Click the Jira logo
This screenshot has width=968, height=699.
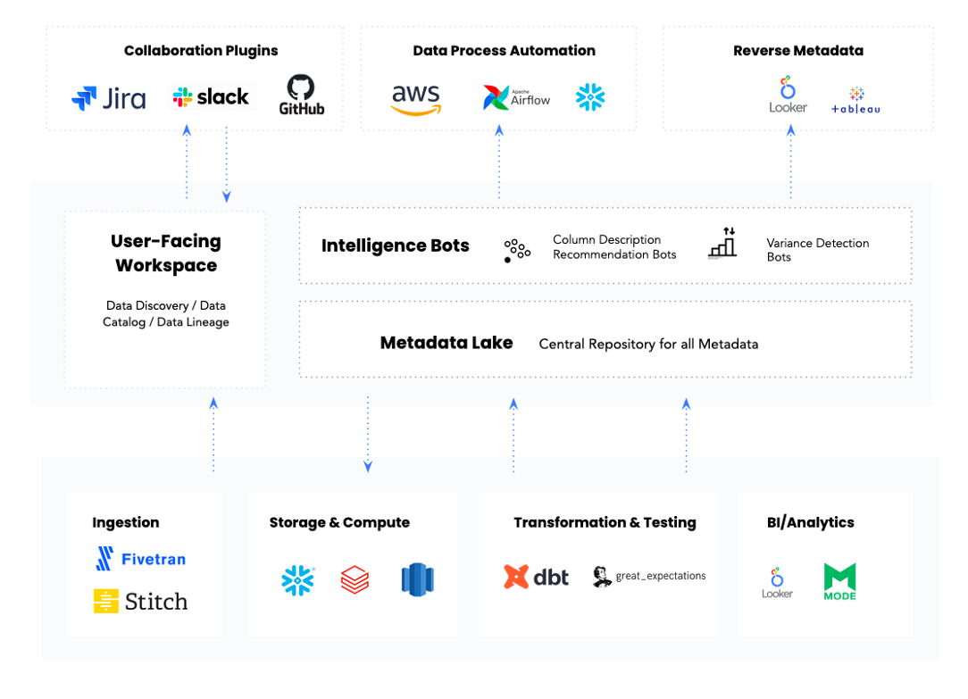coord(109,98)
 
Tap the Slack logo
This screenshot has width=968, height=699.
coord(211,97)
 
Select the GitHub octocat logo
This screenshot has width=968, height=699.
coord(301,95)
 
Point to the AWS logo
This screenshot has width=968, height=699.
coord(416,99)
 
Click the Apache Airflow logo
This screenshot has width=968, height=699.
coord(516,97)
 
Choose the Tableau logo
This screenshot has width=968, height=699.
coord(855,101)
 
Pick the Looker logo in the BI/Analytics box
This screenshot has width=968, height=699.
coord(777,583)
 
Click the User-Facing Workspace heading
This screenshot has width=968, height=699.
coord(166,253)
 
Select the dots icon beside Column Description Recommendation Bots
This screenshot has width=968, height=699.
coord(517,251)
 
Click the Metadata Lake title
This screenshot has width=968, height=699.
coord(446,343)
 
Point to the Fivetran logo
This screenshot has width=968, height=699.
coord(141,558)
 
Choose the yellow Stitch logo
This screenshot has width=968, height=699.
coord(140,601)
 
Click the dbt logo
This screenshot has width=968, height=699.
coord(536,577)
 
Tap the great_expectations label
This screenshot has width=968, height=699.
coord(661,576)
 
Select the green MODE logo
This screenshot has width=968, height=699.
coord(839,581)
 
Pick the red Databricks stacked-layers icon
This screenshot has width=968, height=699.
coord(355,580)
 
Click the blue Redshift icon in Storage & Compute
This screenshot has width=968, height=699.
coord(417,580)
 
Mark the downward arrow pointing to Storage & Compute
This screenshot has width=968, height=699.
coord(368,435)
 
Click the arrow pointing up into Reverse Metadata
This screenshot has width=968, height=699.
coord(791,162)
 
